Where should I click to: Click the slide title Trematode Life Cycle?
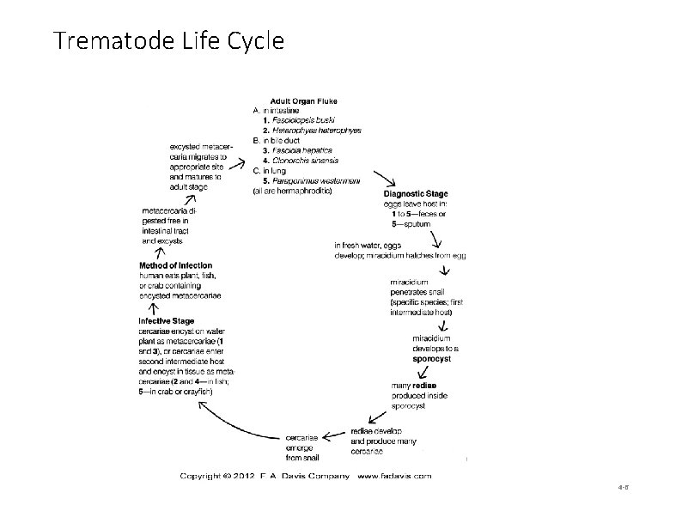point(168,40)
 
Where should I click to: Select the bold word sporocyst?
point(431,359)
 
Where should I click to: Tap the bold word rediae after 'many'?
point(424,386)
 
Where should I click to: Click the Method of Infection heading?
point(176,265)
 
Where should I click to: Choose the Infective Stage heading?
point(167,321)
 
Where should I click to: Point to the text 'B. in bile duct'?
point(277,140)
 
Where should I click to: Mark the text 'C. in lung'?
point(270,171)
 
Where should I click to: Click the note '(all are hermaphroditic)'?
point(293,191)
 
